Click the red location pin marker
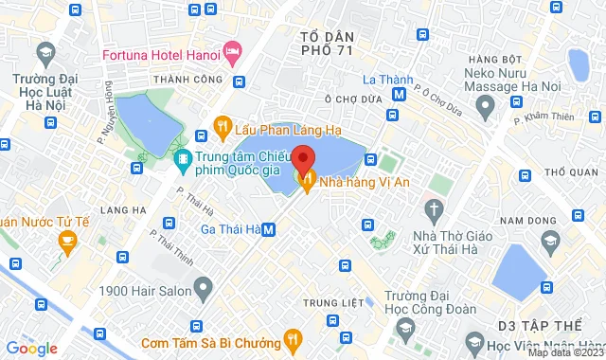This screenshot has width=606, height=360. coord(303,158)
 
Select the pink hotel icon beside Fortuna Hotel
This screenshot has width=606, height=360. coord(230,49)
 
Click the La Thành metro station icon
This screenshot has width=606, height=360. coord(401,93)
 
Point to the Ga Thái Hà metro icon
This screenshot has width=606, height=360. coord(269,228)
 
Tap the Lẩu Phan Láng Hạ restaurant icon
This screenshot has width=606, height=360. coord(223,124)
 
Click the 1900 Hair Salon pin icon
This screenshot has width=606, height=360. coord(201,286)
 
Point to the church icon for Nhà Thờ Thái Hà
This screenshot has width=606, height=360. coord(435,208)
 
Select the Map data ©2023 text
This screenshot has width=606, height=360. coord(564,352)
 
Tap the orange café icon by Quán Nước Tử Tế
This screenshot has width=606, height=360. coord(66,242)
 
